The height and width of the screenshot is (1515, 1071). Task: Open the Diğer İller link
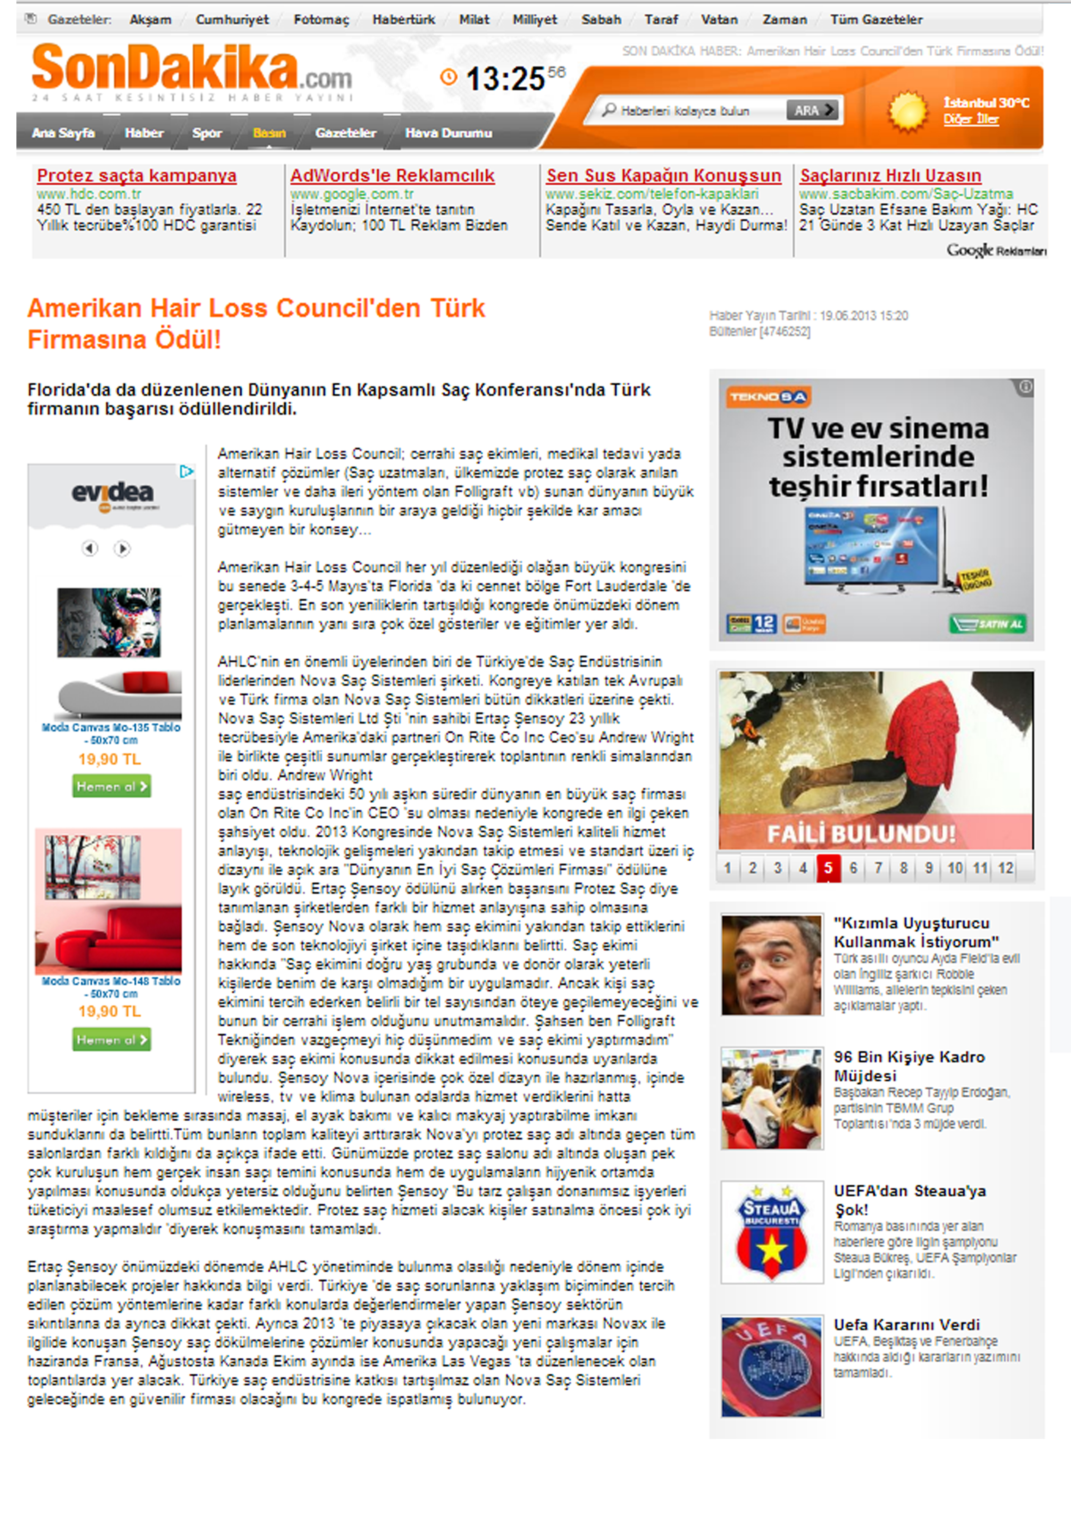pos(970,120)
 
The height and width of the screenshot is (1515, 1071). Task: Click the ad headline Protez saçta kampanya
pos(136,176)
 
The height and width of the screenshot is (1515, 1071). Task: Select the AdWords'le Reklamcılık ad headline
pos(393,176)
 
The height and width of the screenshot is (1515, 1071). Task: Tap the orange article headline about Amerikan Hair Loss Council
pos(256,323)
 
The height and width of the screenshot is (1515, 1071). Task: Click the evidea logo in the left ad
pos(112,493)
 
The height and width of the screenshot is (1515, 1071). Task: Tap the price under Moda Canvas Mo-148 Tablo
pos(110,1011)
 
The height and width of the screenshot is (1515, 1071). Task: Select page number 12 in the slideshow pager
pos(1005,868)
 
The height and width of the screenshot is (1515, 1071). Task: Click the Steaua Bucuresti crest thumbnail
pos(771,1231)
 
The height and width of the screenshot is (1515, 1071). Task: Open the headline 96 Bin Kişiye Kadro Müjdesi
pos(909,1066)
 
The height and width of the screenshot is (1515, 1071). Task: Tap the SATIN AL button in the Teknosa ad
pos(987,624)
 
